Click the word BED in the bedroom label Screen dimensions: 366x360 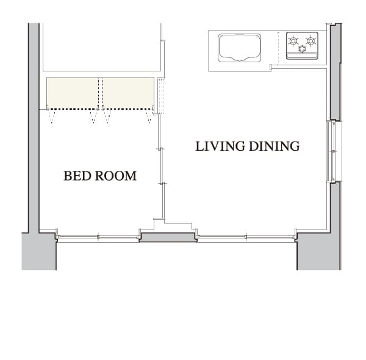[x=74, y=176]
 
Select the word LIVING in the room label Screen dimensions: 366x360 [x=220, y=146]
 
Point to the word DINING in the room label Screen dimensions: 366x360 [x=274, y=146]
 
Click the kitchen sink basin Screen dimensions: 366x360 [x=240, y=48]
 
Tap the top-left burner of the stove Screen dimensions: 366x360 [x=293, y=41]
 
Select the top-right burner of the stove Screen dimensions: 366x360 [x=310, y=41]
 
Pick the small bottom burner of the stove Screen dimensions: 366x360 [x=303, y=49]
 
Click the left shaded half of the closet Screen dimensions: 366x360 [x=73, y=93]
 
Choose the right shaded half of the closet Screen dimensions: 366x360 [x=128, y=93]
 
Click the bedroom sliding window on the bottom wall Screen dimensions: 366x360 [x=98, y=237]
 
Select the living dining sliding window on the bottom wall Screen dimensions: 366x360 [x=246, y=237]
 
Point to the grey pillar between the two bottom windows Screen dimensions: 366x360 [x=168, y=237]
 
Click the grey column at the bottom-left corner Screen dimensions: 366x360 [x=39, y=251]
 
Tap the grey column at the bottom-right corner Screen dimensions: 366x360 [x=318, y=251]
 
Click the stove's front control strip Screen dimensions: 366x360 [x=303, y=56]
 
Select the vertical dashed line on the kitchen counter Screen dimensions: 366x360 [x=279, y=48]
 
